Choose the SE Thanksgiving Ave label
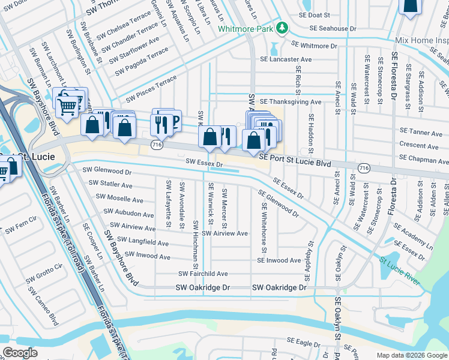[291, 102]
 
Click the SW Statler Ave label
[110, 185]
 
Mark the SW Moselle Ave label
[119, 199]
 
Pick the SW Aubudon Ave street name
[128, 213]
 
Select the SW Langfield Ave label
[143, 243]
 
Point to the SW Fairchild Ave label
[203, 274]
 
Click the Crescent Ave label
[420, 146]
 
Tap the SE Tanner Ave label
[421, 133]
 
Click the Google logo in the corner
[20, 352]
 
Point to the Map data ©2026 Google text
[411, 355]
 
